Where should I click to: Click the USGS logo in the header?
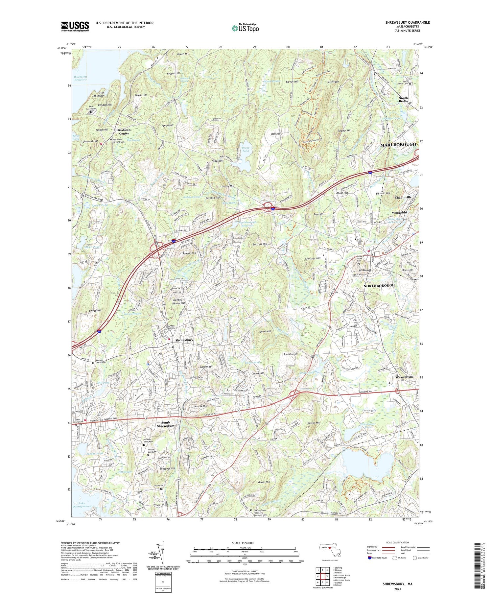coord(75,26)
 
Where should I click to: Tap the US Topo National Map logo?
coord(245,28)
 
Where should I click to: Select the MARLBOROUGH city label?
coord(398,145)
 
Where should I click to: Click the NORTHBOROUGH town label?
coord(379,285)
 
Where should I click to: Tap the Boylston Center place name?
coord(124,132)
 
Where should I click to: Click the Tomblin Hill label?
coord(290,354)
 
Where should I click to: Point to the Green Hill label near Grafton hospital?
coord(264,482)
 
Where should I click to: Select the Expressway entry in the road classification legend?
coord(374,547)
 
